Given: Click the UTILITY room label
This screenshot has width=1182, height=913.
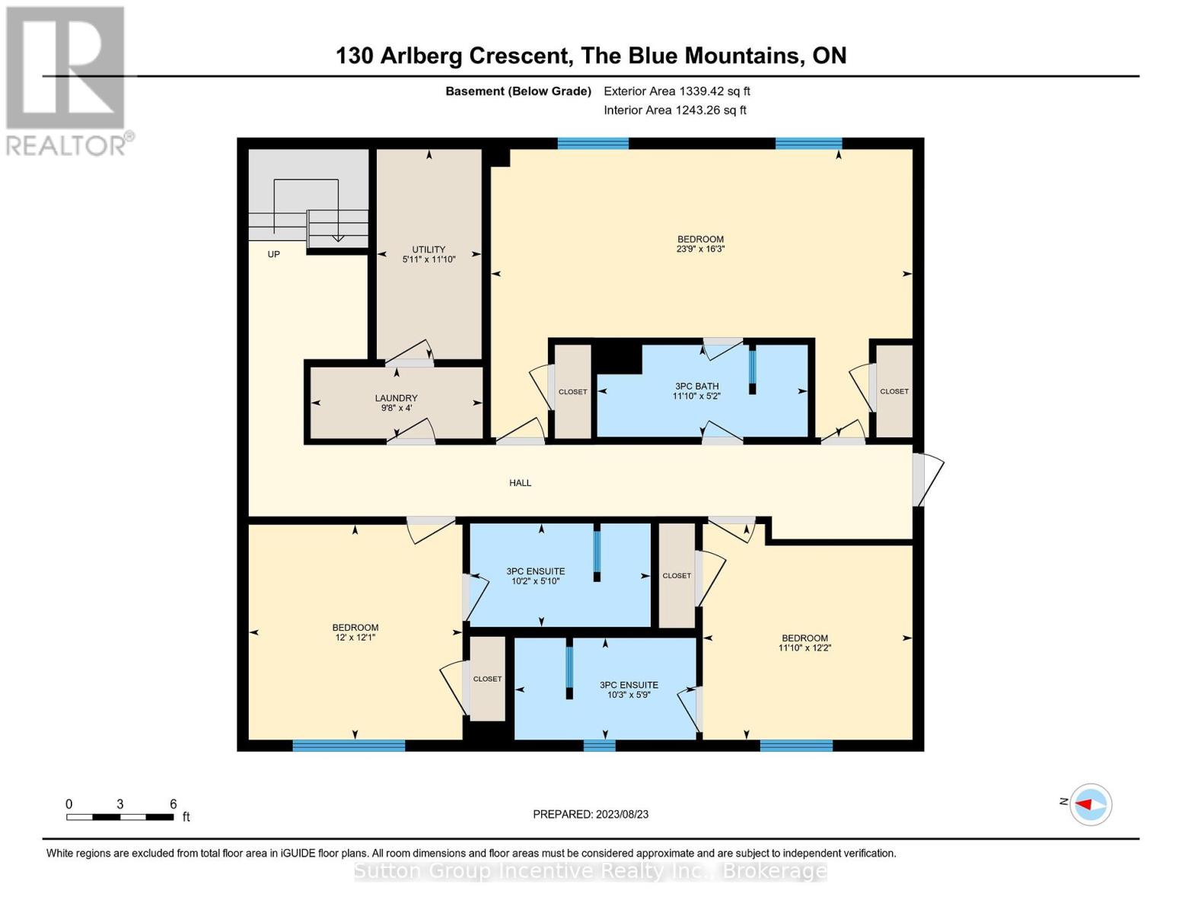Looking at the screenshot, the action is (x=429, y=249).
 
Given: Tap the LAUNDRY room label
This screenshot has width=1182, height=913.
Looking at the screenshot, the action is (x=396, y=398).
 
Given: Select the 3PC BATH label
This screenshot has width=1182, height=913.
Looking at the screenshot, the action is (x=697, y=386).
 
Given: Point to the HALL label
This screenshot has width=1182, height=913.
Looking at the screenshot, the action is (x=520, y=482).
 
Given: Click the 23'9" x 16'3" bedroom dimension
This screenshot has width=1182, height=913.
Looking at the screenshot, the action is (x=701, y=249).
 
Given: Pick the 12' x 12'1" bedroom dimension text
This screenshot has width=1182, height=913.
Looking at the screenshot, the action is (x=355, y=638).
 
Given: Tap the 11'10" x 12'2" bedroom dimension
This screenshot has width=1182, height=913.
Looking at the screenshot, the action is (x=804, y=647).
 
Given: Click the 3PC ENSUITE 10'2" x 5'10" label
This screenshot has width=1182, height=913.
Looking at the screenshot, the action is (x=536, y=576).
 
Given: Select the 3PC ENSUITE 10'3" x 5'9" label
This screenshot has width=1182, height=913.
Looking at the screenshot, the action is (x=629, y=689).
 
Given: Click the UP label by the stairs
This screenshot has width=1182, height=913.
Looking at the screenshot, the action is (x=273, y=254).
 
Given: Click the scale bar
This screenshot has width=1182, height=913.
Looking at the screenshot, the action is (x=120, y=816).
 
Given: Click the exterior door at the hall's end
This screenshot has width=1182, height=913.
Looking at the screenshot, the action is (x=928, y=479).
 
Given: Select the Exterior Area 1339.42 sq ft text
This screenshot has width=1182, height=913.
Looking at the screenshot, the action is (x=677, y=91).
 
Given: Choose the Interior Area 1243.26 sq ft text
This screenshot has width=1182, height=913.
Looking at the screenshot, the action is (x=674, y=110).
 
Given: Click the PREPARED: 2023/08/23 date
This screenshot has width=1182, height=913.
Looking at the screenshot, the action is (x=591, y=814).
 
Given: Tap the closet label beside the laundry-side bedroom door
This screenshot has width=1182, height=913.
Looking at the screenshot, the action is (x=573, y=392).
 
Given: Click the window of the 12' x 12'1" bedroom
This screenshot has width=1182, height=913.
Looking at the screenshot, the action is (x=349, y=746).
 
